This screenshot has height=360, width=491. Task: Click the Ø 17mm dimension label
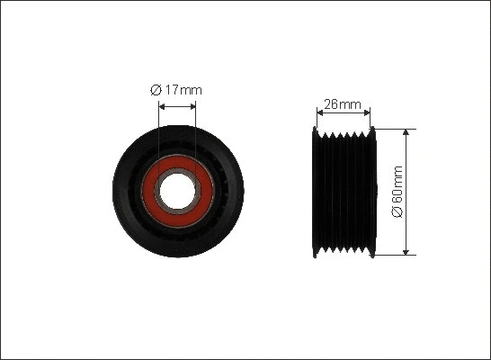[176, 89]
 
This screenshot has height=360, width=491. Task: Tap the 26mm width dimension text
[343, 104]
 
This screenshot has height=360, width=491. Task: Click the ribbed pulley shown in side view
[343, 192]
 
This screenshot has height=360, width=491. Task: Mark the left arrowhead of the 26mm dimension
[320, 113]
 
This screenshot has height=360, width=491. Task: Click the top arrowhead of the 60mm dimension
[407, 132]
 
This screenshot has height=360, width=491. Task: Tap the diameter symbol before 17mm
[155, 89]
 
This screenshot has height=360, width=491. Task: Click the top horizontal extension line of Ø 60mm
[396, 128]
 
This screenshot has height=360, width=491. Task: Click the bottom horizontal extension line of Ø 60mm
[396, 256]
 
